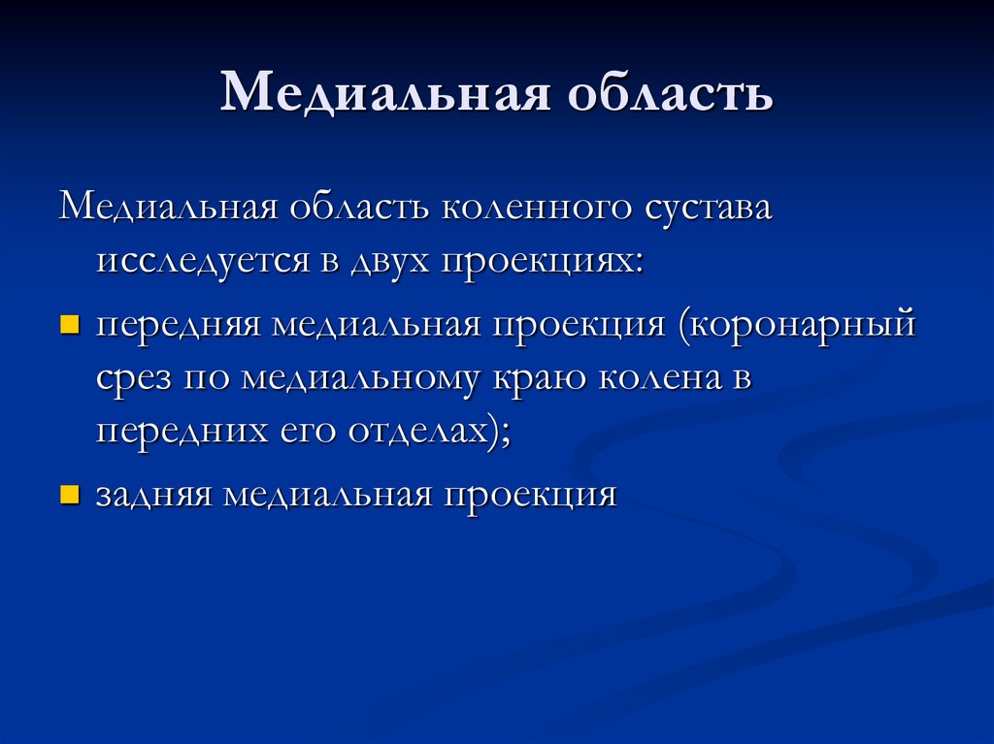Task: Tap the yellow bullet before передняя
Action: (69, 323)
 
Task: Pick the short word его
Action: (292, 432)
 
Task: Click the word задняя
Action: (153, 495)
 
